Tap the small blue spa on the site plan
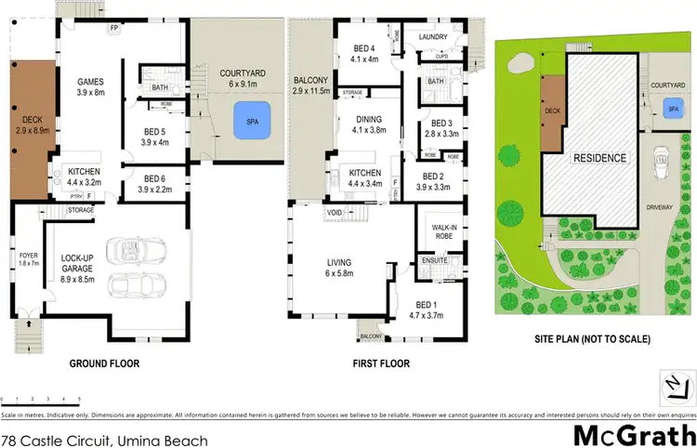tap(672, 110)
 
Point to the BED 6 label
tap(154, 183)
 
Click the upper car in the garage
tap(137, 248)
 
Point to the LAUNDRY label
tap(433, 37)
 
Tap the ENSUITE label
tap(435, 261)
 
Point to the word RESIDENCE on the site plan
tap(598, 158)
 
